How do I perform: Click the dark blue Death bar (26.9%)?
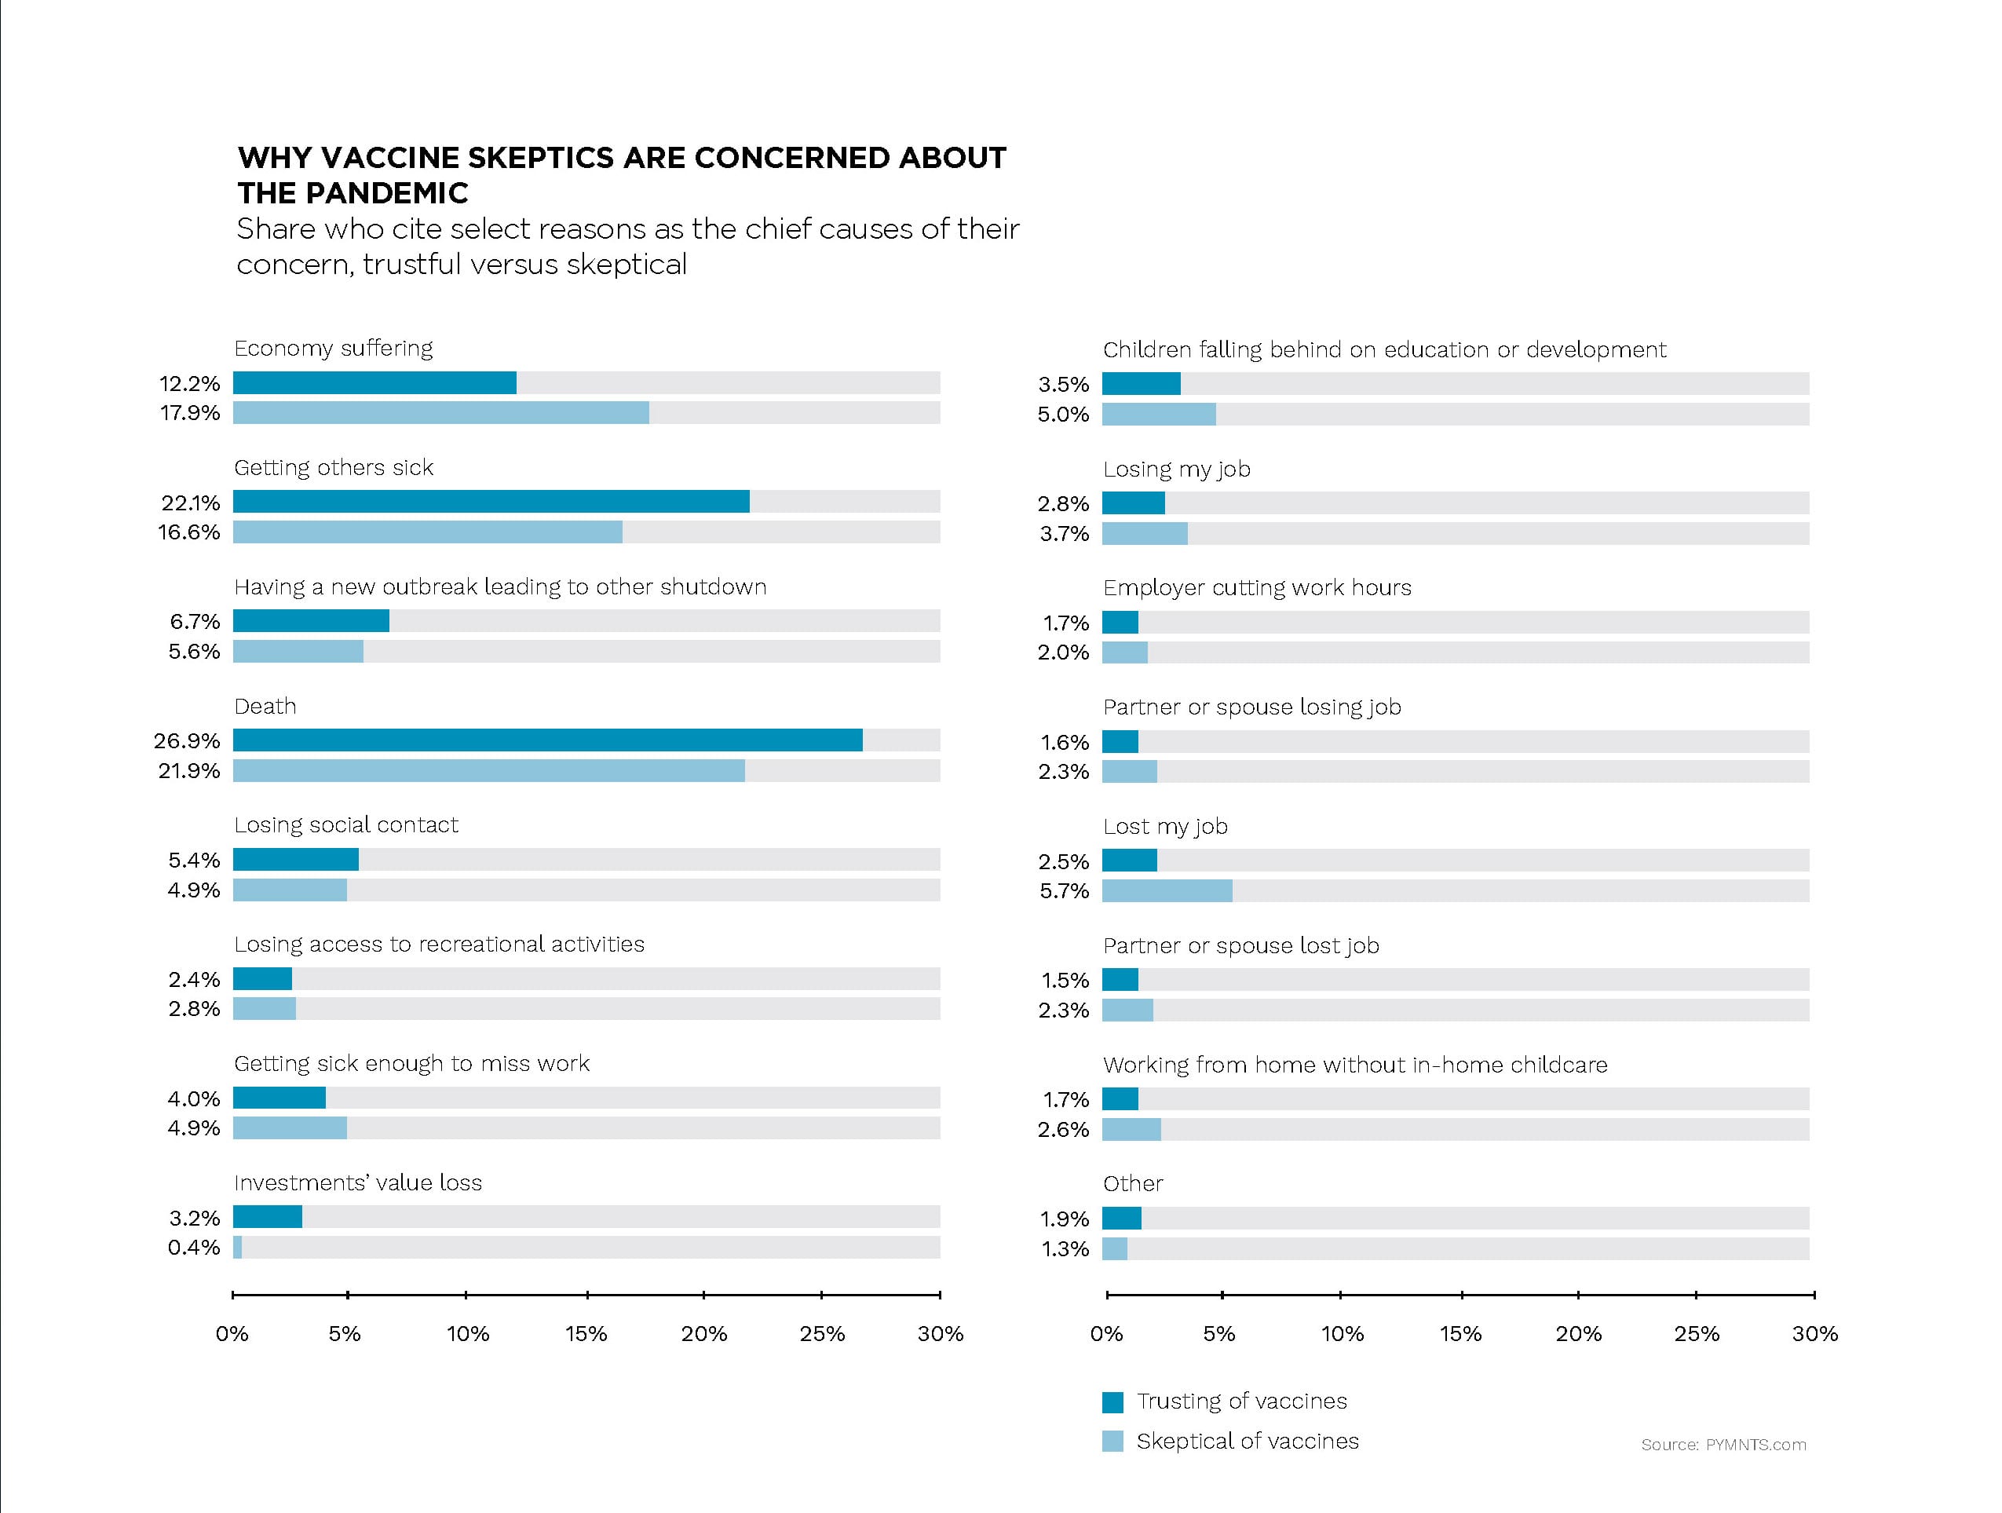tap(547, 740)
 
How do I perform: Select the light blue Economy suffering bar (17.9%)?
tap(440, 413)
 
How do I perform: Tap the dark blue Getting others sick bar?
tap(491, 501)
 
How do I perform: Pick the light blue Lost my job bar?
tap(1167, 890)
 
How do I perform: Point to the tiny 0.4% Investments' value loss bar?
tap(238, 1247)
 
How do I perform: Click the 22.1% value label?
tap(190, 503)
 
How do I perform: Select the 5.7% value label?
tap(1064, 891)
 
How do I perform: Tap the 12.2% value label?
tap(189, 384)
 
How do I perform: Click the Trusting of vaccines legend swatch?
tap(1112, 1402)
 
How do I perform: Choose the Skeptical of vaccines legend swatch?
tap(1112, 1441)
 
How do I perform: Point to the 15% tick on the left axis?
tap(586, 1295)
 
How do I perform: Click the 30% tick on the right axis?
tap(1814, 1295)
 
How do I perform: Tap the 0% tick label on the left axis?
tap(232, 1334)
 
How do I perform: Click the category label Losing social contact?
tap(345, 825)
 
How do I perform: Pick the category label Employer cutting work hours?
tap(1256, 588)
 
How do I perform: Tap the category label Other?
tap(1132, 1183)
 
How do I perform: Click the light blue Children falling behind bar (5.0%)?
tap(1159, 415)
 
